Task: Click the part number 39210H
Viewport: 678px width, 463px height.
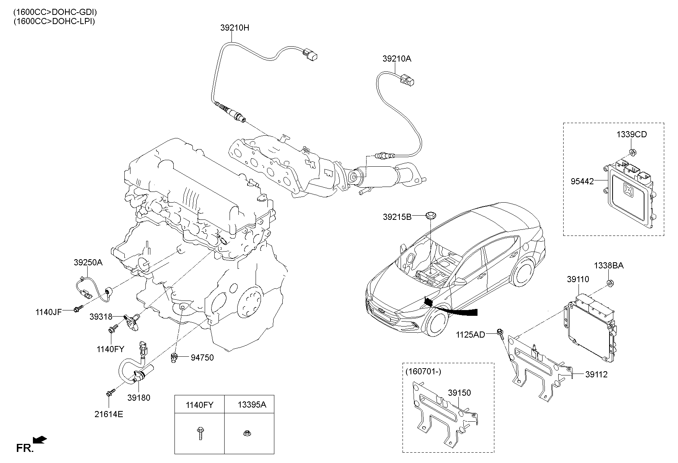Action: (235, 28)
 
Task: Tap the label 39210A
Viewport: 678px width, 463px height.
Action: (397, 59)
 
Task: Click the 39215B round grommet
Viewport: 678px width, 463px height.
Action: (431, 215)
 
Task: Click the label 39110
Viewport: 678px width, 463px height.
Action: (578, 279)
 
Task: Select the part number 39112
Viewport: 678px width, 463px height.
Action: (596, 375)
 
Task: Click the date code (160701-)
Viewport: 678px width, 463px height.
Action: (423, 371)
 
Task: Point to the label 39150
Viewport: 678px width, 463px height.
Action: (459, 393)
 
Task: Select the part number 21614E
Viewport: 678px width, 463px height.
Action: (109, 414)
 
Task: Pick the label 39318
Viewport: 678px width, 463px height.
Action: (101, 317)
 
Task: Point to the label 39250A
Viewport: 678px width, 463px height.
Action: (88, 263)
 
